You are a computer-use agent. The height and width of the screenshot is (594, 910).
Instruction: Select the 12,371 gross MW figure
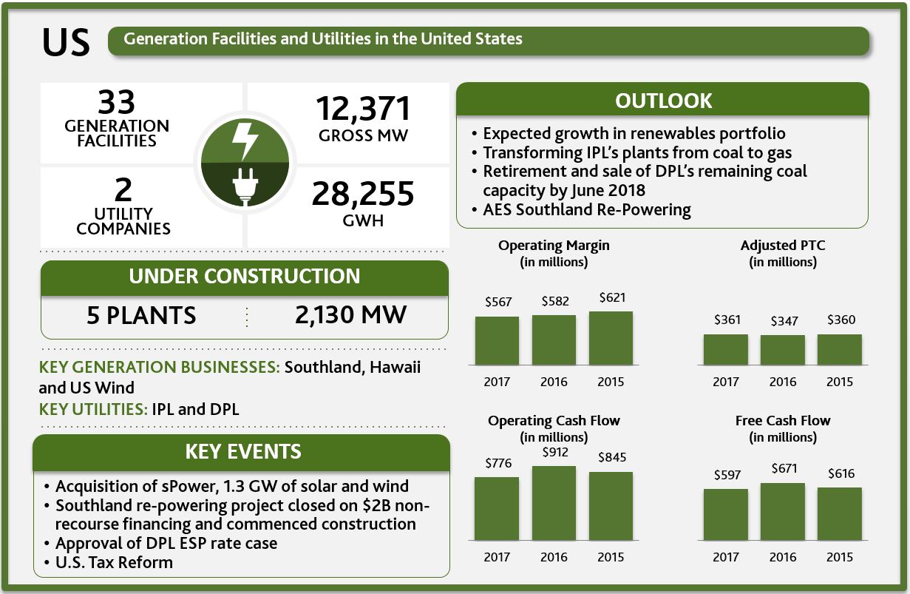click(363, 109)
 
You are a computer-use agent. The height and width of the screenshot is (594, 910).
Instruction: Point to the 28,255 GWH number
click(363, 194)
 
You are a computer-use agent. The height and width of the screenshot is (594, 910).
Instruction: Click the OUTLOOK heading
click(663, 101)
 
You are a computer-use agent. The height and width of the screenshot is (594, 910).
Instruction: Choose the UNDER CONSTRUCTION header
click(244, 277)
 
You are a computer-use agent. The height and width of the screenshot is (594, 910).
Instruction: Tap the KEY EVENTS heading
click(242, 451)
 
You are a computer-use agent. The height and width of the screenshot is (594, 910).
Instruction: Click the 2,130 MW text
click(350, 315)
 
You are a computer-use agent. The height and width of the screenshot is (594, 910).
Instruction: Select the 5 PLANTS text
click(141, 315)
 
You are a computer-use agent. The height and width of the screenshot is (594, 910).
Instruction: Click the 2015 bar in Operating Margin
click(611, 338)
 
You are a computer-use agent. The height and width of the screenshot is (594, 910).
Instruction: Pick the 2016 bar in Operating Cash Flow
click(554, 503)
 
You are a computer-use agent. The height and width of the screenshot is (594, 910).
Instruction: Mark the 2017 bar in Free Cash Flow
click(725, 514)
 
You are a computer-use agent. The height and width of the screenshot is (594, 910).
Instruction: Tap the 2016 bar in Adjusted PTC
click(782, 350)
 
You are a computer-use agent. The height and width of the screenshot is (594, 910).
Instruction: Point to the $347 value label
click(782, 322)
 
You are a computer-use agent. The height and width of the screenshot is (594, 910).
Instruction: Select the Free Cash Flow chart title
click(782, 421)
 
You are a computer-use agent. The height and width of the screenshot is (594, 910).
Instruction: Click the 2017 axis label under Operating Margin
click(497, 382)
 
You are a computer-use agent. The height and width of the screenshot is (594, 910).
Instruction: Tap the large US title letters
click(66, 44)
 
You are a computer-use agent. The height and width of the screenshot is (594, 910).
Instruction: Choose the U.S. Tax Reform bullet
click(113, 562)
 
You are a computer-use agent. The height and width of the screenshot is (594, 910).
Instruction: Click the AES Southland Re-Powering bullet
click(586, 210)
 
